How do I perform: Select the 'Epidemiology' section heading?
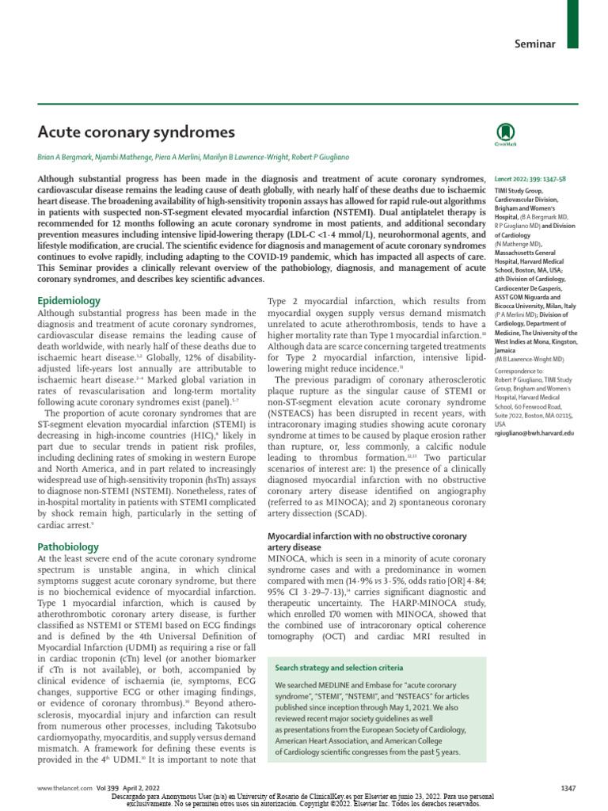(x=70, y=301)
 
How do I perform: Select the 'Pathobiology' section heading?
(x=69, y=546)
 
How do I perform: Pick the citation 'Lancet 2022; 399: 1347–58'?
(x=530, y=180)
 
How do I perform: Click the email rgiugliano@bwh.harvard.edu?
(x=534, y=433)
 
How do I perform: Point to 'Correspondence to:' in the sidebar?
(x=519, y=370)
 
